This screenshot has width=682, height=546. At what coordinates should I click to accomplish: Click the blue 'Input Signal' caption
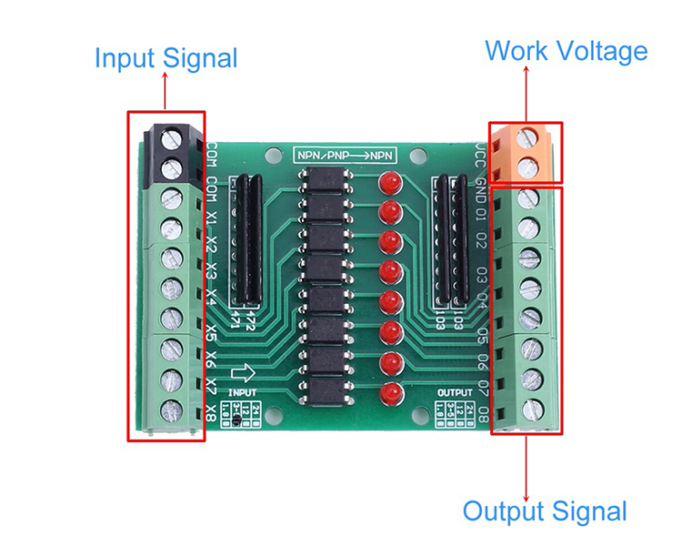click(165, 59)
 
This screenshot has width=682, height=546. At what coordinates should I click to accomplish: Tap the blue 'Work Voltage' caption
click(566, 50)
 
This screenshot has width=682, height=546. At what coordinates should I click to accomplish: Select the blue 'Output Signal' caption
click(545, 511)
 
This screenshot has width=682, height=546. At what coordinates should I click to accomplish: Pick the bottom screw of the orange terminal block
click(527, 166)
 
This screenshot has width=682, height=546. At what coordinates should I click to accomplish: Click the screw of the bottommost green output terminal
click(527, 408)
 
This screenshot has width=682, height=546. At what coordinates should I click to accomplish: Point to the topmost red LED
click(390, 181)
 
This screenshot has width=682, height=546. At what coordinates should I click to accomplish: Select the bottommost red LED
click(390, 393)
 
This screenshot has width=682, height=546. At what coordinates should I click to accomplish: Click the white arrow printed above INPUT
click(244, 373)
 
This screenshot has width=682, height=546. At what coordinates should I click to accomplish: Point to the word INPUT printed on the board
click(242, 391)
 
